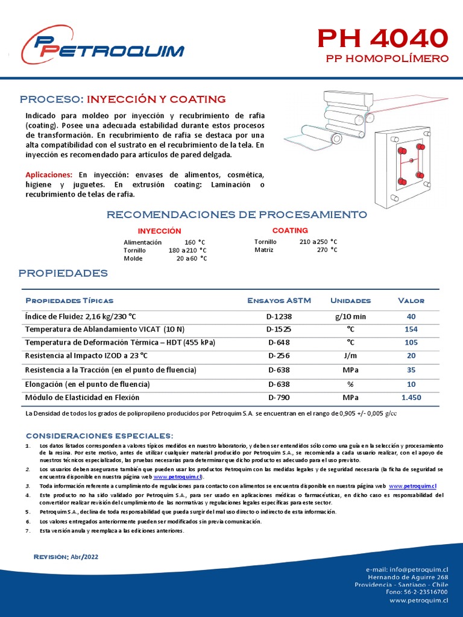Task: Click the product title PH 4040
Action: point(383,39)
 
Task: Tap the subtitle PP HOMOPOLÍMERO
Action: point(387,59)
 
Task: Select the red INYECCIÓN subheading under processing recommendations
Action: point(159,231)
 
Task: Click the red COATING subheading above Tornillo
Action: point(290,231)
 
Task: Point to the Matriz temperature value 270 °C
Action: point(327,250)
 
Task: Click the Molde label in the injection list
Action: point(133,258)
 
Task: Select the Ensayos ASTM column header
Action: point(279,301)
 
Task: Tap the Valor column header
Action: point(411,301)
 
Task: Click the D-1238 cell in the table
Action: point(279,316)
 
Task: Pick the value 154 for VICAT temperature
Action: point(411,330)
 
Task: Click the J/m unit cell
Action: point(350,356)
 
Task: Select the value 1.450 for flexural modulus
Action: point(411,398)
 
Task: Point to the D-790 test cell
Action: point(279,398)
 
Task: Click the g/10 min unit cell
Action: point(350,316)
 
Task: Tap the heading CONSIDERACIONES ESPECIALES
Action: point(99,436)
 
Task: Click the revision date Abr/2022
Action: point(85,557)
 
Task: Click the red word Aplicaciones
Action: point(49,175)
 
